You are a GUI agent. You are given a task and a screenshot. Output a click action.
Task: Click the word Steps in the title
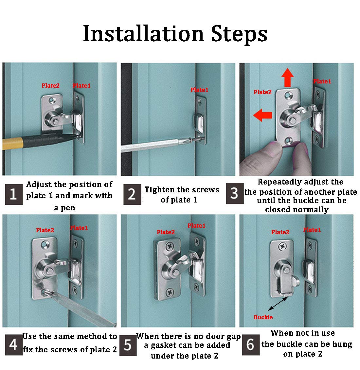pos(239,35)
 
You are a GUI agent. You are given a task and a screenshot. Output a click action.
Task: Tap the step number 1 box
pos(14,194)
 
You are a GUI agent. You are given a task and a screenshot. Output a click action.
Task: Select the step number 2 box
pos(132,194)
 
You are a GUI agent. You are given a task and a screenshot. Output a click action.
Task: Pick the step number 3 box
pos(235,193)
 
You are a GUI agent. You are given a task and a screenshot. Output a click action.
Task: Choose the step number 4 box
pos(14,345)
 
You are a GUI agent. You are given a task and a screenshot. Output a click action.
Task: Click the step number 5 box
pos(128,345)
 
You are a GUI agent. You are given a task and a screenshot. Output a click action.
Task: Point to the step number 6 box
pos(251,345)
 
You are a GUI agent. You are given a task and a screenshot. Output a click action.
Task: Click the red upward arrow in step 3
pos(288,78)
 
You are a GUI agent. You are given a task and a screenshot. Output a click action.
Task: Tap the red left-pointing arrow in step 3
pos(262,115)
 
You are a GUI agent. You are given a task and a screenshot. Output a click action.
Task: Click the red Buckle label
pos(263,317)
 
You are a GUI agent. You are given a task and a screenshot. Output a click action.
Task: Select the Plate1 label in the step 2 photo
pos(200,90)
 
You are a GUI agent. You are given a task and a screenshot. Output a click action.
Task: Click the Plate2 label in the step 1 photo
pos(50,86)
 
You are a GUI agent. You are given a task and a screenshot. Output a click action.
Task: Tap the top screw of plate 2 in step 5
pos(170,247)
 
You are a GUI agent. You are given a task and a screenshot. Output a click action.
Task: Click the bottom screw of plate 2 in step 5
pos(170,292)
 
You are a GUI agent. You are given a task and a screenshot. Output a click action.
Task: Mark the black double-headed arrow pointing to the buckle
pos(278,304)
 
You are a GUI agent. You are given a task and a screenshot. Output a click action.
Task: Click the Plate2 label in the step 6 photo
pos(280,232)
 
